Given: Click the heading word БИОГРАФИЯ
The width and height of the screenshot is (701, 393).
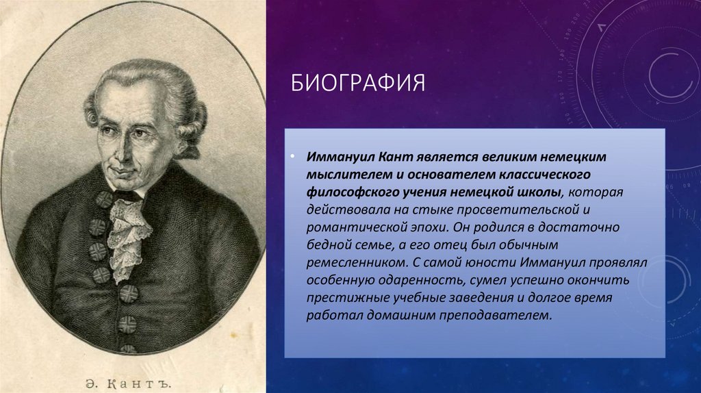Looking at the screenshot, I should (358, 84).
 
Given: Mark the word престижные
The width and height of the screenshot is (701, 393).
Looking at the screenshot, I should (340, 298).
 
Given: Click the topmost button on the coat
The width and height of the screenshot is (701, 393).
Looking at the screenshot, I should (105, 199).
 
